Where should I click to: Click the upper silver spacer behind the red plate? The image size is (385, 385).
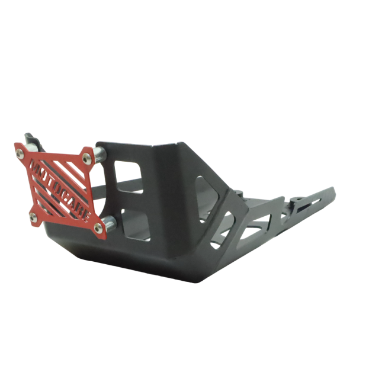pos(100,156)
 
